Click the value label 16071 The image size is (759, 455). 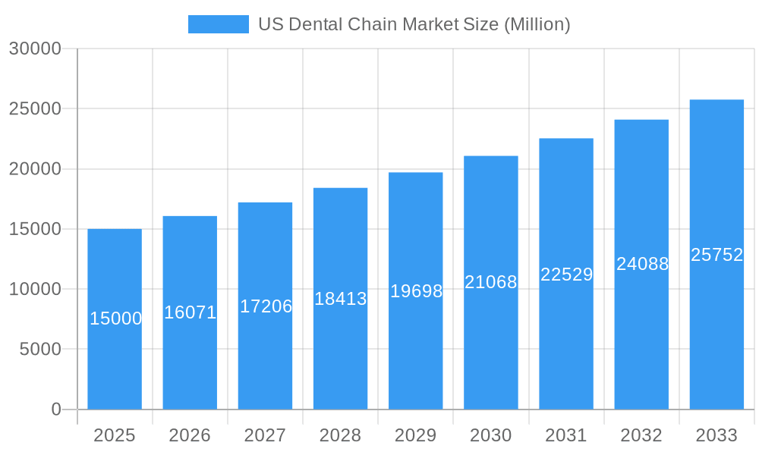point(191,312)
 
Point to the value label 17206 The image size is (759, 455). point(266,306)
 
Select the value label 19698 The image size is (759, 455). point(416,290)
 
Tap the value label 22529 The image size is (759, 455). point(566,275)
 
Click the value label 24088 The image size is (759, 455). point(642,264)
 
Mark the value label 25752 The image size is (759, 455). point(716,255)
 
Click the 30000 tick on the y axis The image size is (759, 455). point(35,49)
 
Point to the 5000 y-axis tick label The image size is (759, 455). point(40,350)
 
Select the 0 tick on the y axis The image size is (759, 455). point(56,409)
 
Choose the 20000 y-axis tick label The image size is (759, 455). point(35,169)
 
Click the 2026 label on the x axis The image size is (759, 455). point(190,435)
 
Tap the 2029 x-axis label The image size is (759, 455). point(416,435)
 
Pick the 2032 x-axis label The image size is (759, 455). point(641,435)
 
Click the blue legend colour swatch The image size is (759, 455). point(219,24)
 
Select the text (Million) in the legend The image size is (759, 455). point(537,24)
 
